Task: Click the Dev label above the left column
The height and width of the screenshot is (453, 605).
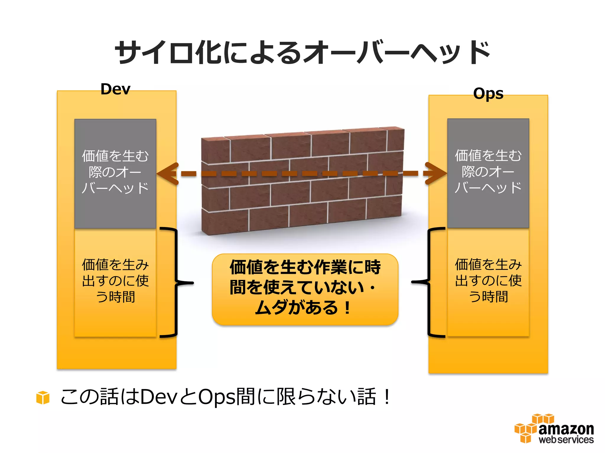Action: point(115,89)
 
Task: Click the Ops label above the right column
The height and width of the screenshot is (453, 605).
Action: point(488,93)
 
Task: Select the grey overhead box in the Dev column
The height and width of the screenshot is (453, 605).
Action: point(115,173)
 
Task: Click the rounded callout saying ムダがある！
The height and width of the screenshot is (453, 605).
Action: point(305,289)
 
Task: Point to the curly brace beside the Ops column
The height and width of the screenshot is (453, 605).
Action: point(428,282)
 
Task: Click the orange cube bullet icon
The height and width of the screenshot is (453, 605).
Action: point(43,397)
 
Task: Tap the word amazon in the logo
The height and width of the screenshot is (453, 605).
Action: point(566,429)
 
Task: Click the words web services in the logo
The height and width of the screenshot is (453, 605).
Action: point(566,439)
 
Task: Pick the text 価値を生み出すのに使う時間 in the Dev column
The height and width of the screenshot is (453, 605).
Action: point(115,280)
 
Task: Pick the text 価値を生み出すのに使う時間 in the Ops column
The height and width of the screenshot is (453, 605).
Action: point(488,280)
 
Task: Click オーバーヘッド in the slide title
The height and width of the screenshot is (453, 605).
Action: point(396,52)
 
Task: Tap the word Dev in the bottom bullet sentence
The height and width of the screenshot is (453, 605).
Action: point(158,397)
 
